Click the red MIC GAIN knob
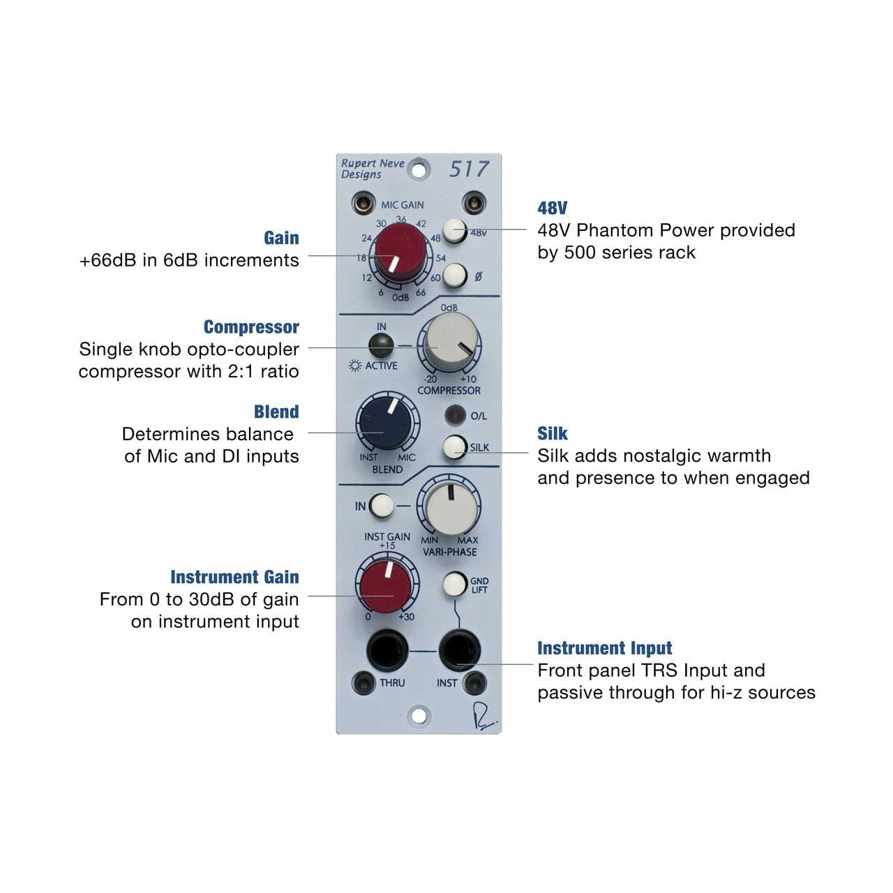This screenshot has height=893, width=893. click(400, 253)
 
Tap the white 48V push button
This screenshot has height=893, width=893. click(455, 230)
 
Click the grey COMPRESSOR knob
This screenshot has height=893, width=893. click(451, 343)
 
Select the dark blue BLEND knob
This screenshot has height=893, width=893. click(386, 422)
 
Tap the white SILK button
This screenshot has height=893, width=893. click(455, 447)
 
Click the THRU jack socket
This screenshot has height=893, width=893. click(387, 650)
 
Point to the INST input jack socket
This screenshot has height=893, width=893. click(459, 650)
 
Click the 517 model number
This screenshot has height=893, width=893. click(469, 169)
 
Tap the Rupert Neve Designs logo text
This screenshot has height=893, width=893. click(373, 169)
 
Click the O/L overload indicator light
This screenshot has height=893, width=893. click(455, 415)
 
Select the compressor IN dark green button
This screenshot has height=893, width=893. click(381, 345)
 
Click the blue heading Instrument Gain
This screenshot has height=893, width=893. click(234, 577)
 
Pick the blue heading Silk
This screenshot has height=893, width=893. click(553, 433)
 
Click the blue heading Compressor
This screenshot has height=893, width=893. click(251, 327)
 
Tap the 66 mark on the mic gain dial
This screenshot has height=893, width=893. click(421, 292)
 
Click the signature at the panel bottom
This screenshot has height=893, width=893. click(484, 717)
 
